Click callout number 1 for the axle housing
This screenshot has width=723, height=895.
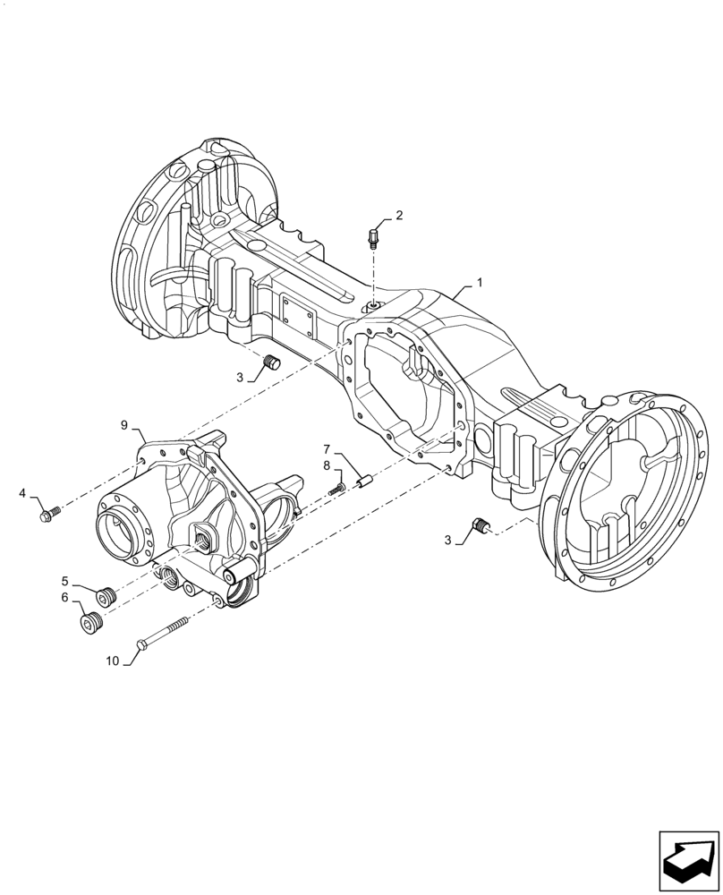click(x=480, y=282)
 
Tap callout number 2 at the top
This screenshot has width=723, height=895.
click(x=399, y=215)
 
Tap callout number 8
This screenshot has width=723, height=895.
click(x=327, y=465)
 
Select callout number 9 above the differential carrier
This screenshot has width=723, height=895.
click(x=124, y=423)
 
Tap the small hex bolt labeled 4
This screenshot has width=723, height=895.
click(x=49, y=514)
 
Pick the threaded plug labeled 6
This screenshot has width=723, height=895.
click(x=90, y=622)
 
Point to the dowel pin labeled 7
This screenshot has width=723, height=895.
click(x=364, y=484)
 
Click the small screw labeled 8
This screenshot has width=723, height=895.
click(x=337, y=489)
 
